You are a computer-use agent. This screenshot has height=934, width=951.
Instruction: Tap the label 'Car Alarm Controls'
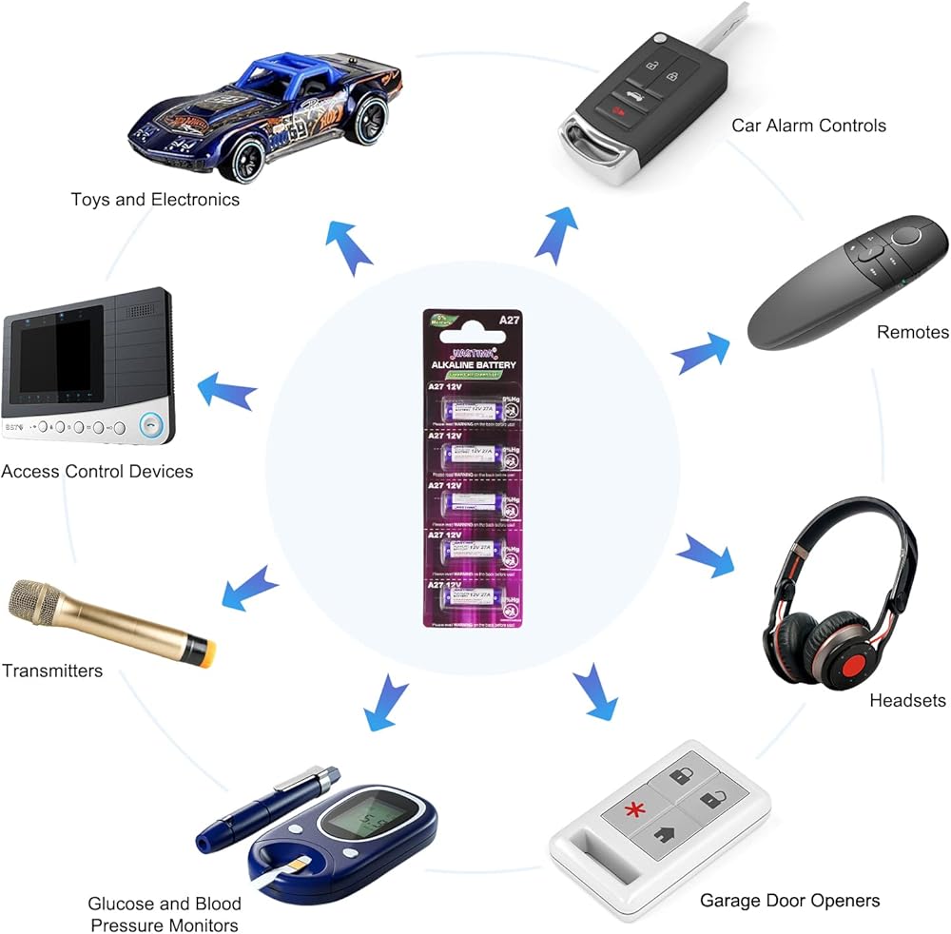(808, 126)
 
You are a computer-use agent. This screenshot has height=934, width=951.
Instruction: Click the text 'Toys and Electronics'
(155, 200)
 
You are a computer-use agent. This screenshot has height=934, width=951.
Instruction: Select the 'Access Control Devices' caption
(97, 472)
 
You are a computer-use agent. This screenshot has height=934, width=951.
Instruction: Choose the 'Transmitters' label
(51, 671)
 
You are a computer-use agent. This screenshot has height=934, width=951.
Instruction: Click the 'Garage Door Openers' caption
(789, 900)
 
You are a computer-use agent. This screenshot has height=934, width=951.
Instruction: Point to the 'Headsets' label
(907, 701)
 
